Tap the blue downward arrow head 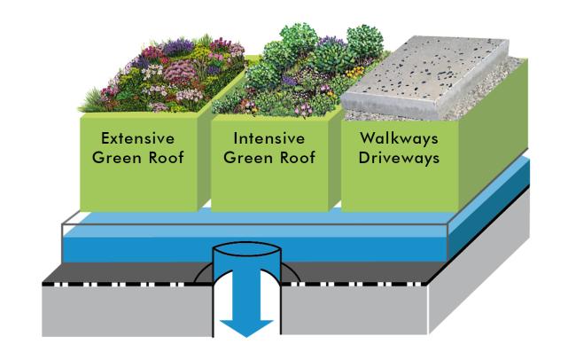[x=245, y=326]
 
